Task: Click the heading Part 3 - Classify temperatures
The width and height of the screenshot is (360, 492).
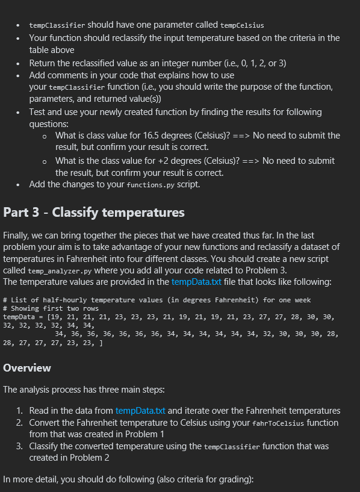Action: (94, 212)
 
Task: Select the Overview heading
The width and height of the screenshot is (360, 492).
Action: (27, 367)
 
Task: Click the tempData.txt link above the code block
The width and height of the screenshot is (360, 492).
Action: (195, 281)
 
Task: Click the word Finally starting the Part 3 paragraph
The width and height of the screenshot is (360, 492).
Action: (19, 235)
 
